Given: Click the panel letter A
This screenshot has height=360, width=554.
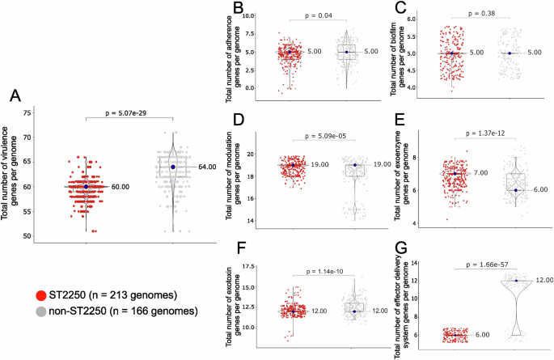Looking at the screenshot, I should [14, 96].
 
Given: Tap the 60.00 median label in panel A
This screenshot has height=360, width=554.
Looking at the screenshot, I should [121, 187].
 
